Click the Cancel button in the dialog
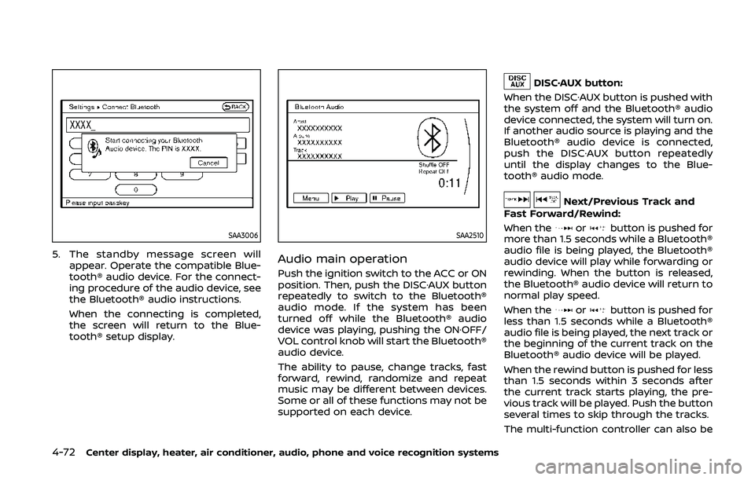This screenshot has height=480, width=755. point(208,163)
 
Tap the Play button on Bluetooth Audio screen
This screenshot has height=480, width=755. point(348,199)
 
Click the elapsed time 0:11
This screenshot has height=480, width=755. point(448,182)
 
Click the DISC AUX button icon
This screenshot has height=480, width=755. point(517,81)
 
